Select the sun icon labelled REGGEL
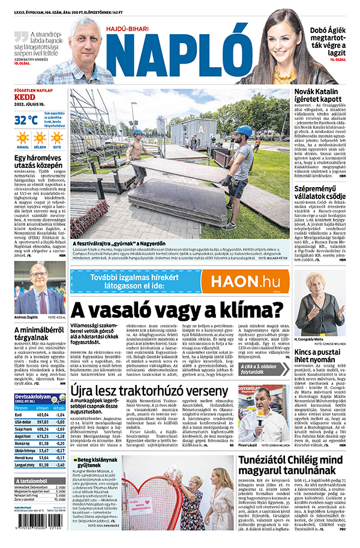23,140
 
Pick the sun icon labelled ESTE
57,140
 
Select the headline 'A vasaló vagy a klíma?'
176,310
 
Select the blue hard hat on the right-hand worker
243,131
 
